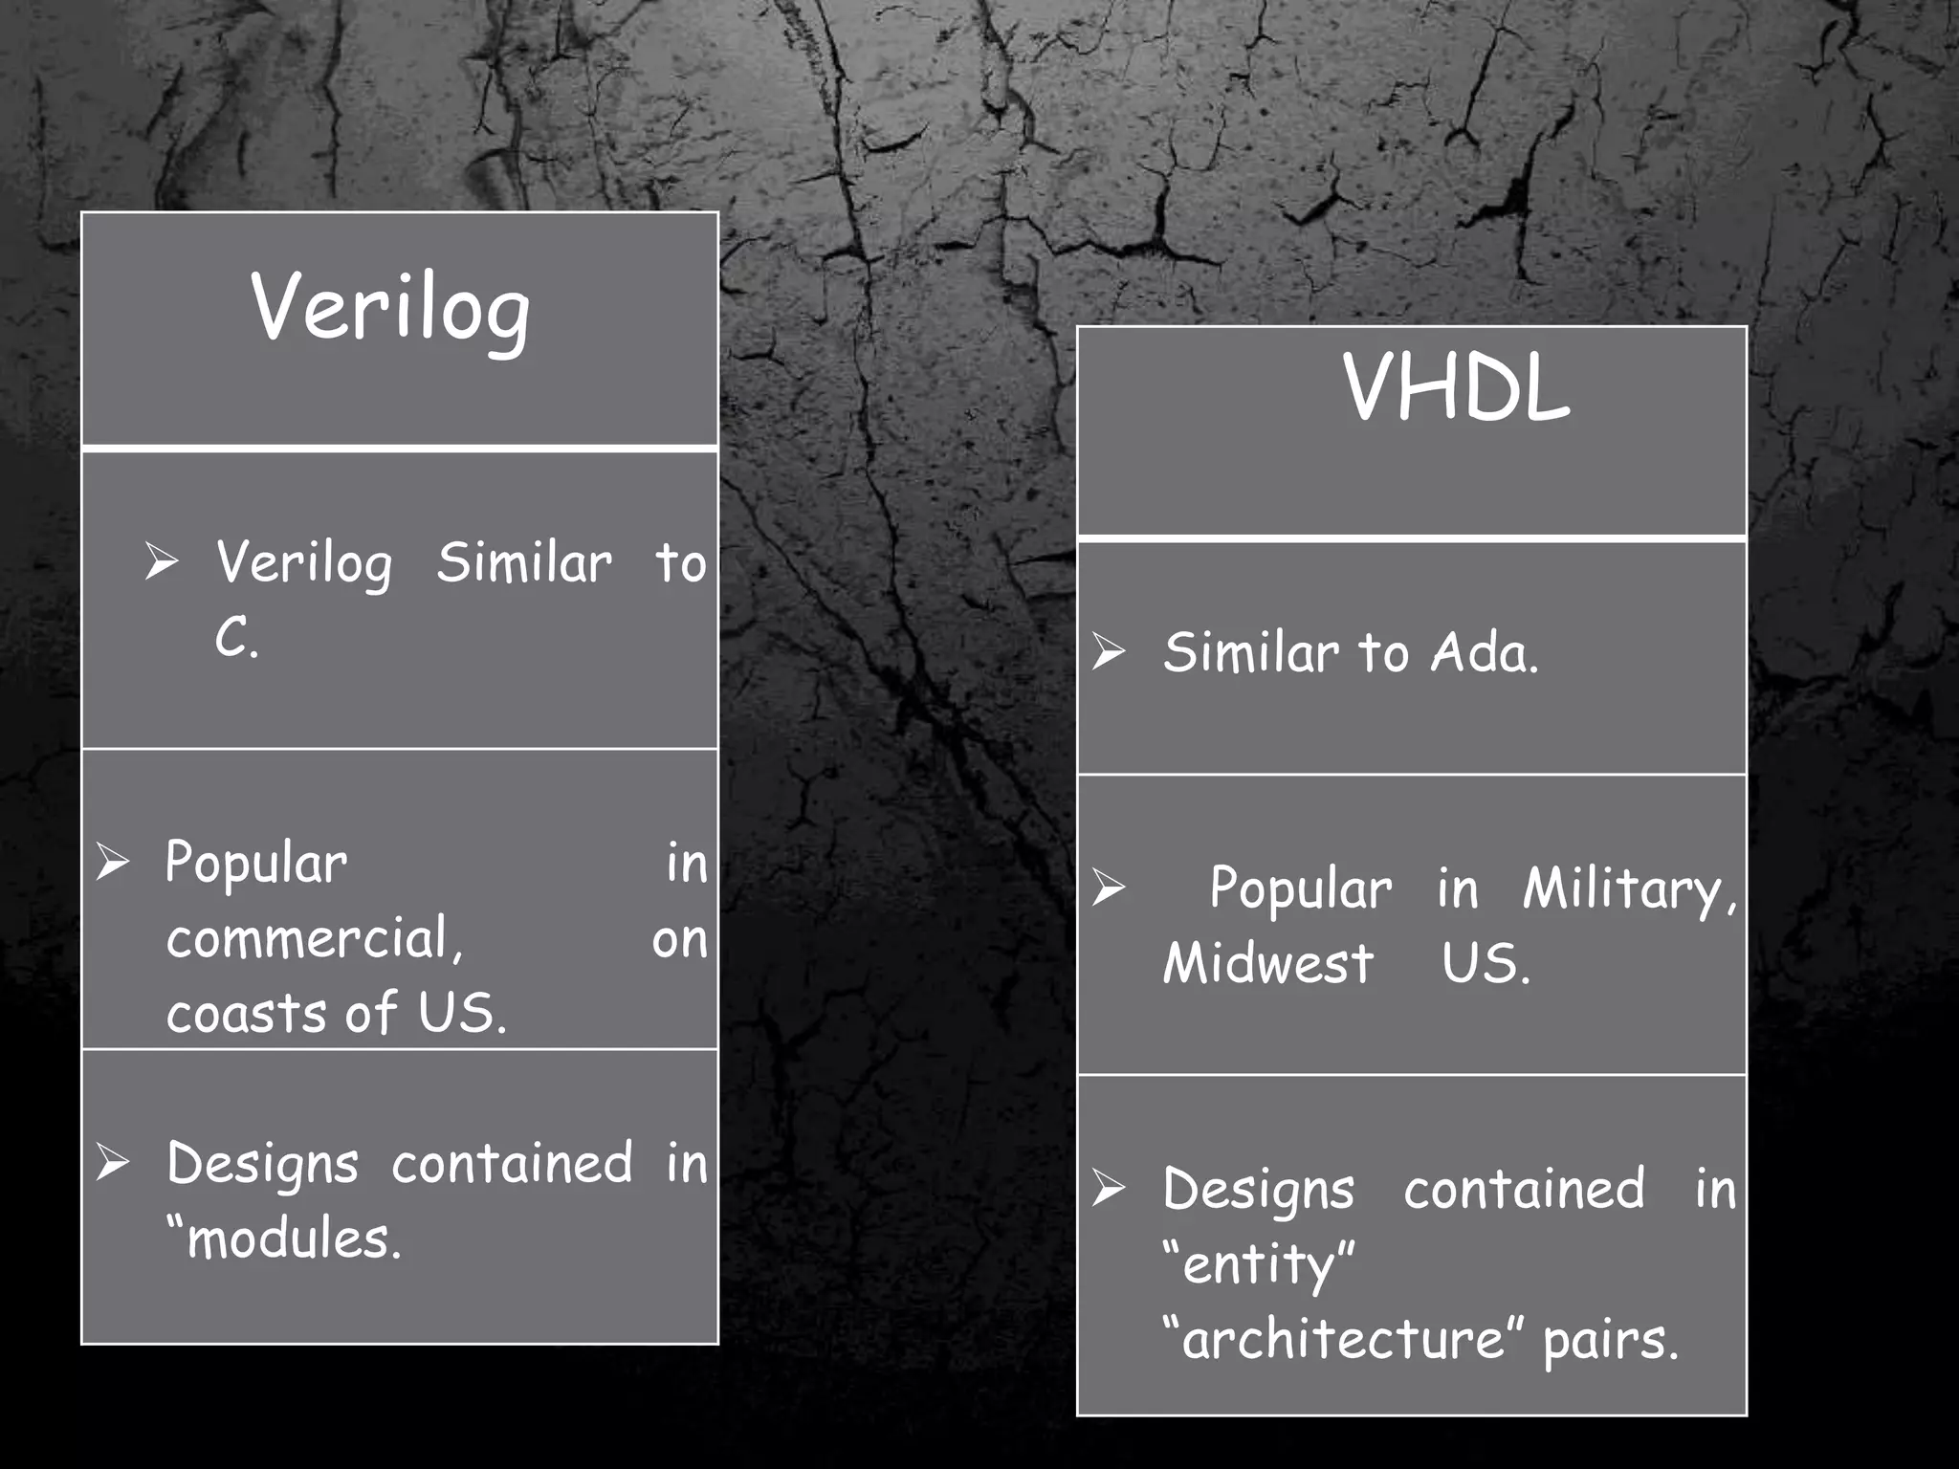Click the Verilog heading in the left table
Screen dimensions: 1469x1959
[390, 308]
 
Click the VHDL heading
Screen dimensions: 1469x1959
[1456, 387]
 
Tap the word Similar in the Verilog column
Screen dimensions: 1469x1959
[524, 562]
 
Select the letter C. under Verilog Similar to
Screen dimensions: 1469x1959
[236, 637]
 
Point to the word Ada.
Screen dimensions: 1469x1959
[1485, 653]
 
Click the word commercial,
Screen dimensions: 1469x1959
[315, 938]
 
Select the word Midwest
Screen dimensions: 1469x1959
[1268, 963]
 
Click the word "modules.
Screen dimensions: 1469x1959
[284, 1239]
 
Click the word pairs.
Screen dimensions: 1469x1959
[1611, 1338]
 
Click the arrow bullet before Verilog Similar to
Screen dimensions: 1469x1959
[161, 560]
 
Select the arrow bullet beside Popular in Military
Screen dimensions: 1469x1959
[1109, 888]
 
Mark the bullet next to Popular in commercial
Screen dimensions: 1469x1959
[112, 862]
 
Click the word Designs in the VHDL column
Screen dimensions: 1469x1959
[1259, 1191]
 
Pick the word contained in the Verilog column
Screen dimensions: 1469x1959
[512, 1164]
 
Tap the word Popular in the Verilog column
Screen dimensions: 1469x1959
[256, 864]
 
